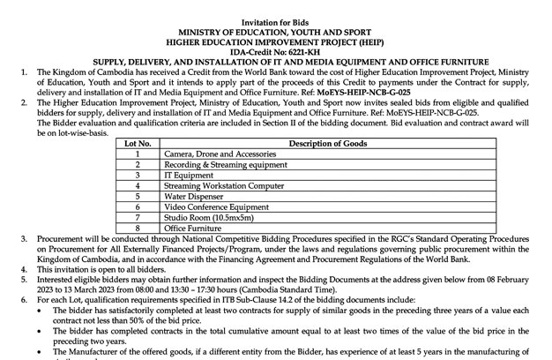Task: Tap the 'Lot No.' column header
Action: click(x=138, y=143)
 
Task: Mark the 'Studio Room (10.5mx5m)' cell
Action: click(x=207, y=217)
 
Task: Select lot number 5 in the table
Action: click(x=138, y=196)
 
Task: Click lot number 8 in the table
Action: click(x=138, y=228)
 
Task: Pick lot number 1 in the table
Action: click(x=138, y=154)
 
